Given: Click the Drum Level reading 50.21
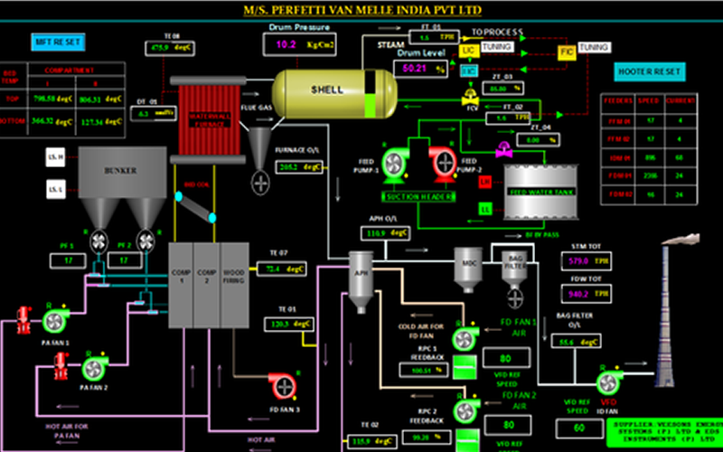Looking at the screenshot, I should coord(415,68).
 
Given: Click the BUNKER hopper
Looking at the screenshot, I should coord(121,170).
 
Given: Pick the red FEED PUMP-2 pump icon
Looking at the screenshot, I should coord(444,164).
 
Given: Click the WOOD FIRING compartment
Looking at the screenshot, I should coord(233,285).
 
